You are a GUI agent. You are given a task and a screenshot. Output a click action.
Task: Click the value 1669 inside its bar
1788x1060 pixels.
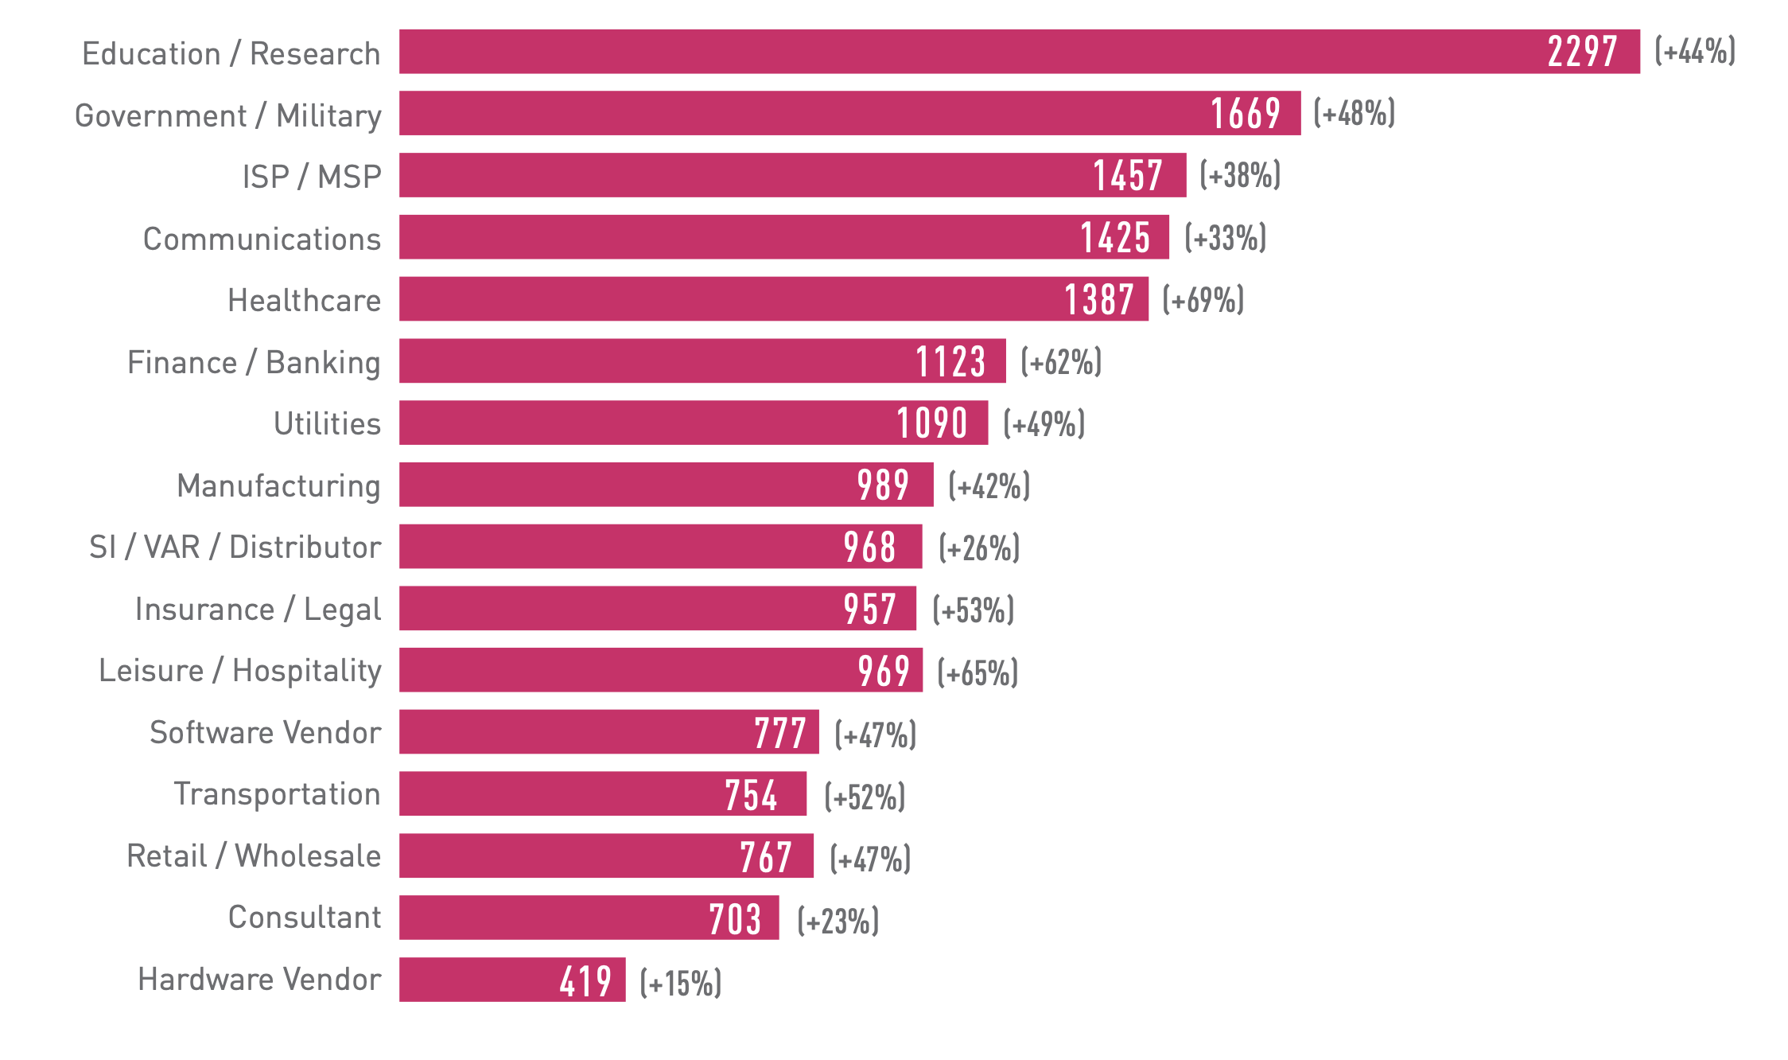[1246, 114]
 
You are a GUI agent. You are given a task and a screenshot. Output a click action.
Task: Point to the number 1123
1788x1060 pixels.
[950, 361]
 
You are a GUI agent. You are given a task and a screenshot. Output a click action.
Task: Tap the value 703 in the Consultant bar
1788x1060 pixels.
[735, 918]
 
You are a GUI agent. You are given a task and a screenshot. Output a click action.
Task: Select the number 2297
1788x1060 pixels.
[1582, 53]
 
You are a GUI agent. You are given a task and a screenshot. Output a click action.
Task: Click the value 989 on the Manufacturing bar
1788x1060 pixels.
[883, 485]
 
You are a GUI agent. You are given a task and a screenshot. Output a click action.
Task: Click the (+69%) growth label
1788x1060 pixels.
[1203, 300]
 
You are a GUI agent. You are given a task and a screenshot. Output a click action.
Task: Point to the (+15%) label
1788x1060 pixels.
[681, 983]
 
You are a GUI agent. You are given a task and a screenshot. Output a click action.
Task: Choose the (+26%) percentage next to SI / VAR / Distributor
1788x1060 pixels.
[979, 548]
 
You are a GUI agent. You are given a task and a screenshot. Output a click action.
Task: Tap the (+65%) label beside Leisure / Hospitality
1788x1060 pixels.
[978, 672]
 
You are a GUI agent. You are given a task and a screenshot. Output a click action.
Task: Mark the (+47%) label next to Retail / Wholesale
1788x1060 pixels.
[870, 859]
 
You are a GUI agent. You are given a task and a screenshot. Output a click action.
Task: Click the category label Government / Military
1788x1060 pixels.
[228, 116]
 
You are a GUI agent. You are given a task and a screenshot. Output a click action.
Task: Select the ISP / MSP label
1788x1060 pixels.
[312, 177]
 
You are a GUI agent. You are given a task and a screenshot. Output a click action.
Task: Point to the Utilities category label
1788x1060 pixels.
[327, 423]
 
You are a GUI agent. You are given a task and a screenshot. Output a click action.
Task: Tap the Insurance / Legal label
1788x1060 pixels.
[258, 610]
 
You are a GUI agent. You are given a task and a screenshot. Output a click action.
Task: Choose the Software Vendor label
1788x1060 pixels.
[266, 732]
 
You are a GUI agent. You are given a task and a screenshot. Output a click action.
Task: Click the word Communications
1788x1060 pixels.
[262, 239]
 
